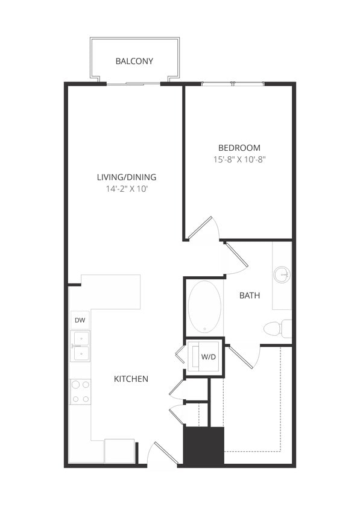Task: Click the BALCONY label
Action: tap(134, 61)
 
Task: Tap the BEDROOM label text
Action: tap(239, 148)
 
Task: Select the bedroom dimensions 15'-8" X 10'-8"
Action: tap(239, 160)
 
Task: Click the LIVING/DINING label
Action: tap(127, 177)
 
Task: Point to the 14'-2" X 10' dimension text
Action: tap(127, 189)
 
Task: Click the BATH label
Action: tap(250, 296)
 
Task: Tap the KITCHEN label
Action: tap(131, 379)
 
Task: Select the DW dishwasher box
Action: tap(80, 320)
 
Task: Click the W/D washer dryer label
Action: tap(208, 357)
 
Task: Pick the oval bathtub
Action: tap(204, 306)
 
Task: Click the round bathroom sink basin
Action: tap(282, 275)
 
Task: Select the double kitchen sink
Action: tap(80, 346)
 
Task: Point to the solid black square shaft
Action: tap(204, 446)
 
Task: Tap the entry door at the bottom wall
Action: tap(161, 455)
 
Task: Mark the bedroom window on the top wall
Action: tap(233, 83)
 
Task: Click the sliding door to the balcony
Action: tap(133, 83)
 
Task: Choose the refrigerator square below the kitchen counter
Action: tap(119, 451)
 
